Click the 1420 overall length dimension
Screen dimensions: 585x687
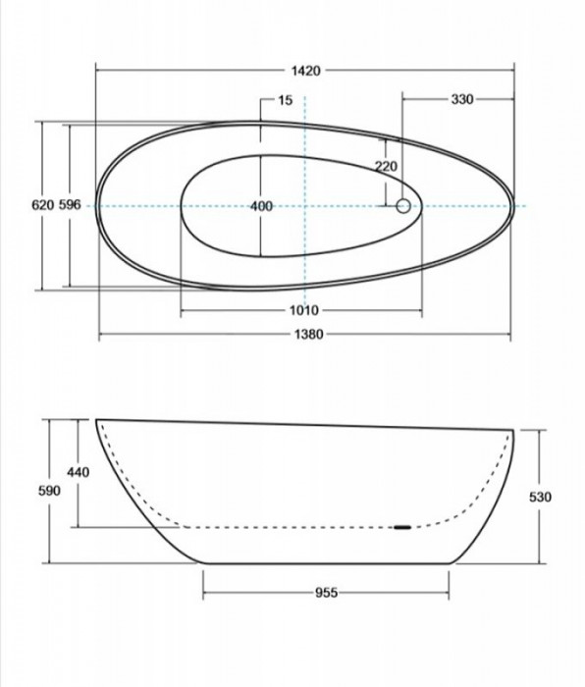(306, 71)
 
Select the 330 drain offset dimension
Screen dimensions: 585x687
(462, 99)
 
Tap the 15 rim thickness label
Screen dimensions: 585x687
(285, 100)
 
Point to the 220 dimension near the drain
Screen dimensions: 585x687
(386, 166)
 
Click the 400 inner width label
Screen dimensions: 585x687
(262, 206)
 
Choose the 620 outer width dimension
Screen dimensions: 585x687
(43, 204)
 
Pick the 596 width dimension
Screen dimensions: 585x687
(70, 204)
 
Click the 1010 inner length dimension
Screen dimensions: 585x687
(304, 311)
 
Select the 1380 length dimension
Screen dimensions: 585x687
(308, 335)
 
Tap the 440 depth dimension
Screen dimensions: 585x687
(78, 472)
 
